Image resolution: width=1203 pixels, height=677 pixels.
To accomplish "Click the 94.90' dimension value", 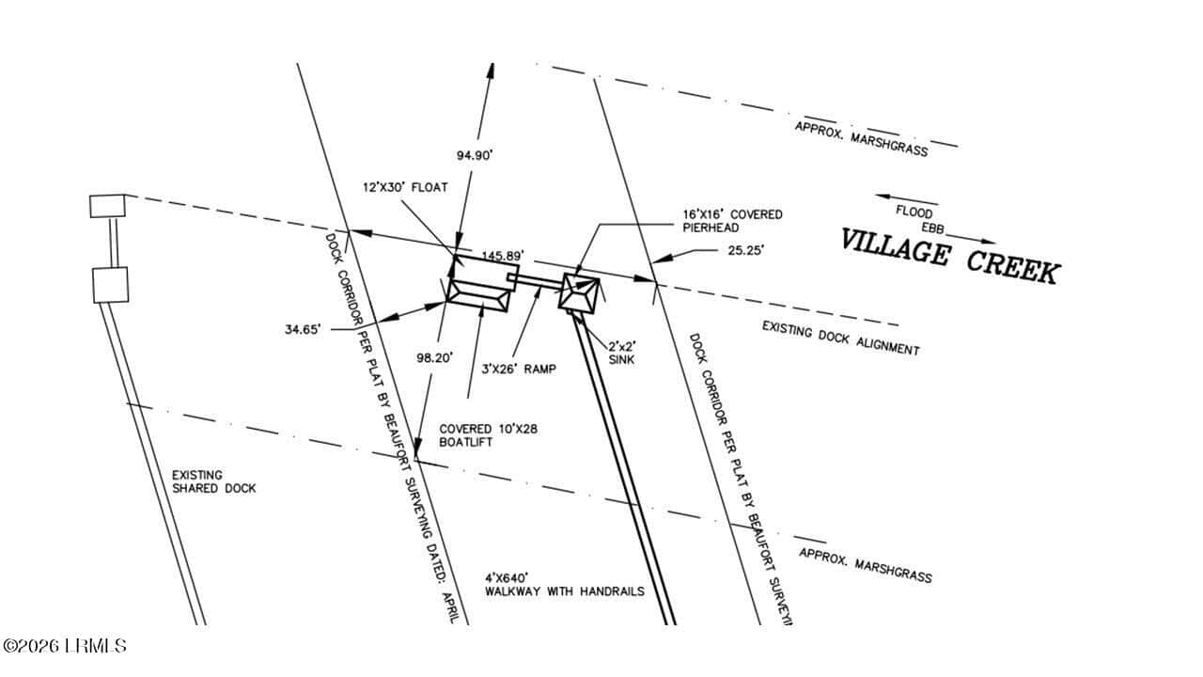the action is (x=475, y=155).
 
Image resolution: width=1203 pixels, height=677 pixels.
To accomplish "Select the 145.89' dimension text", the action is (x=503, y=256).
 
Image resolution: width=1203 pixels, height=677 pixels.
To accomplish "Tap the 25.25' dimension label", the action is (x=746, y=250).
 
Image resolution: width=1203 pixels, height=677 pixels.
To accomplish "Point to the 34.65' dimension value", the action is (x=303, y=329).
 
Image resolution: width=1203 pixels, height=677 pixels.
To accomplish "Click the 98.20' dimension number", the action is (x=435, y=358).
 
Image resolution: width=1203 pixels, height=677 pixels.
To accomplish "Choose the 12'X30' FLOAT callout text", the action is (x=405, y=187).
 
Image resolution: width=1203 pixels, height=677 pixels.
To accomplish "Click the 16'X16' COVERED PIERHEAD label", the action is (x=732, y=221).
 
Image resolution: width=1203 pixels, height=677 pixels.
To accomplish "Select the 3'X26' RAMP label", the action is (x=519, y=370).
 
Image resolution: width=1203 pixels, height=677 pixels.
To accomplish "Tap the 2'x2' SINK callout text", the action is (x=622, y=353).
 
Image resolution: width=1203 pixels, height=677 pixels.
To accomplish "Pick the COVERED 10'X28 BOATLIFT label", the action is (x=488, y=435).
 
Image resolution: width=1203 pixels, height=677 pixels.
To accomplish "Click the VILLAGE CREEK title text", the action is (x=949, y=256).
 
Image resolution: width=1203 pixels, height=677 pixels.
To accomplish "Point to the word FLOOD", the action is (x=914, y=212).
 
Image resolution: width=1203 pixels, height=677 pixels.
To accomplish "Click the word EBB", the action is (x=933, y=228).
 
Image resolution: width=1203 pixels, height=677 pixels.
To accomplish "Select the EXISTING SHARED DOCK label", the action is (x=213, y=482).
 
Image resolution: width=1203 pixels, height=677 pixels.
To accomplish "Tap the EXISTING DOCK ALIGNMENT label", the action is (x=841, y=338).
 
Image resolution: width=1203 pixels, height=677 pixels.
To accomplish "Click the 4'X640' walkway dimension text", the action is (x=507, y=578).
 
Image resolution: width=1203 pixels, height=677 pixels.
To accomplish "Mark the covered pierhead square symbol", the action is (x=579, y=292).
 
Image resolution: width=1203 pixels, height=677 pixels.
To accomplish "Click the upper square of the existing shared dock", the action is (x=107, y=206).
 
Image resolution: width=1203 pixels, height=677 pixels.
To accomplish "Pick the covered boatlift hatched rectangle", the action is (x=478, y=295).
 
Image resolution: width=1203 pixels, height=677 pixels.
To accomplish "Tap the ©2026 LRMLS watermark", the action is (x=65, y=645).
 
